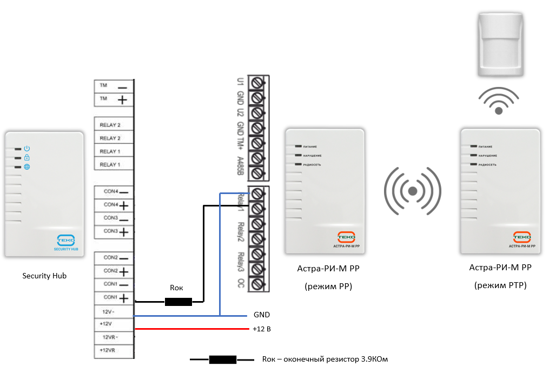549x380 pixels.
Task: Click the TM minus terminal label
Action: point(114,86)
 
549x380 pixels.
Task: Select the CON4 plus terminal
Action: point(114,205)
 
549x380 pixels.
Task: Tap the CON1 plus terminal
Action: point(114,298)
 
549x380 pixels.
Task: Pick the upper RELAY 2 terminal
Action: point(114,125)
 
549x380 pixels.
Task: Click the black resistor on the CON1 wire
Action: point(178,302)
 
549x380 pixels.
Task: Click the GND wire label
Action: point(261,315)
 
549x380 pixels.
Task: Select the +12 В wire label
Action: point(262,329)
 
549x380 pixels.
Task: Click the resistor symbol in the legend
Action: point(222,359)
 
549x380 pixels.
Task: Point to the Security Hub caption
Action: point(44,276)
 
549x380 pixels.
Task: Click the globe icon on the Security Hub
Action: point(27,167)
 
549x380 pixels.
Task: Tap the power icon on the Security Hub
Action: point(27,149)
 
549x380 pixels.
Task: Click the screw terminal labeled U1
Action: point(258,83)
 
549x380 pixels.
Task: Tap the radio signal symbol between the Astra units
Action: point(413,191)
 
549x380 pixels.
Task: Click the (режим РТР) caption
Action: point(500,285)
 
